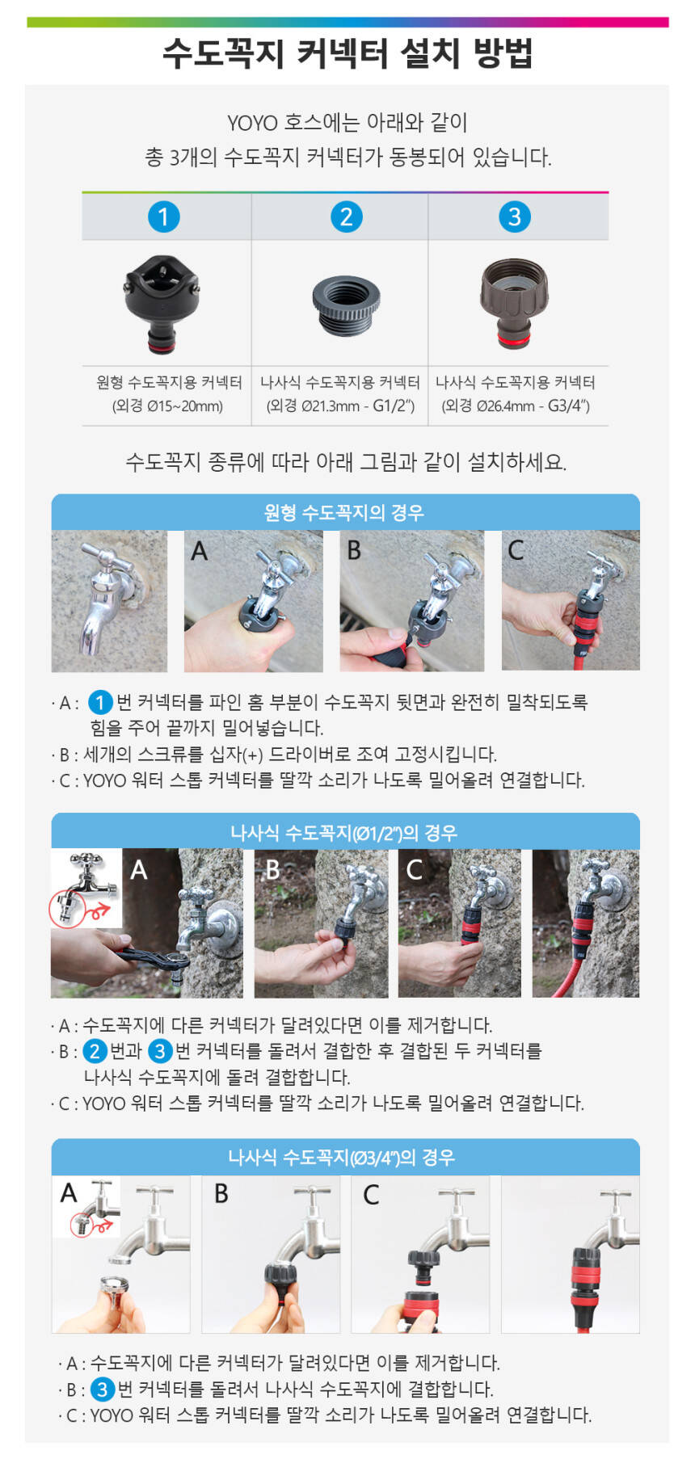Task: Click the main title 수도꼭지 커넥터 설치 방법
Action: [x=347, y=54]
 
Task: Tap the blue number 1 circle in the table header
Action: [x=163, y=217]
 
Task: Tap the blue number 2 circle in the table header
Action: [x=347, y=217]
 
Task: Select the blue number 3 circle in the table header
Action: [x=514, y=217]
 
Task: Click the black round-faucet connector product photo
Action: [x=162, y=304]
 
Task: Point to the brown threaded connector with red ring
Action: [x=514, y=303]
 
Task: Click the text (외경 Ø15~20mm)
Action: [x=167, y=406]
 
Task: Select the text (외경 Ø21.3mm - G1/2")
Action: [x=340, y=406]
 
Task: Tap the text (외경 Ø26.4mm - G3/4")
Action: [x=516, y=406]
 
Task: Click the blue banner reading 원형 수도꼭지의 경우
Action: [x=345, y=512]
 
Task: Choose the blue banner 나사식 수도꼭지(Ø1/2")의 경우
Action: [x=345, y=831]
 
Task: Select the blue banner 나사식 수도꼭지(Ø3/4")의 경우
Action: [x=345, y=1157]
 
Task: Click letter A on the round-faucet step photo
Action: [x=200, y=551]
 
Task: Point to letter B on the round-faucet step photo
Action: [x=354, y=550]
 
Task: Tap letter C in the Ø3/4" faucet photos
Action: [x=371, y=1194]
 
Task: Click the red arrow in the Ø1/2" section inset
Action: [x=99, y=910]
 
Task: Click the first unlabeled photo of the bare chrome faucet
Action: [x=109, y=601]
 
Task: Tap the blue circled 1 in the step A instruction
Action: [x=99, y=702]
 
